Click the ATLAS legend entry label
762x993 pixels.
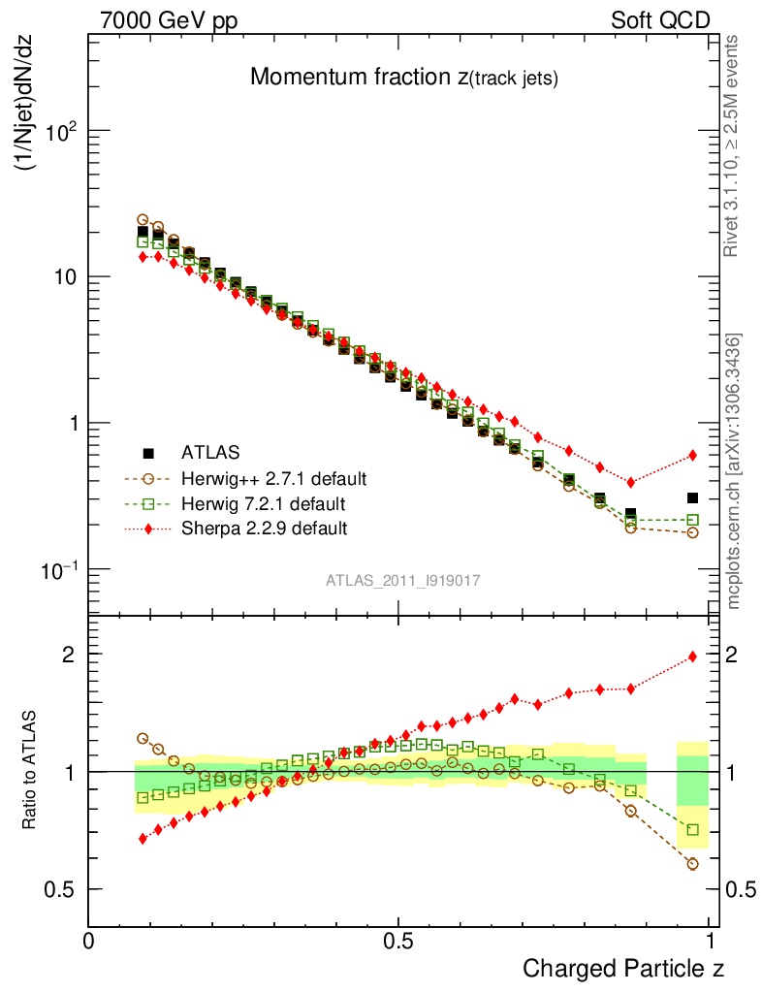click(209, 452)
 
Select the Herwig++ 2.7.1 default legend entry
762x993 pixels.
click(272, 478)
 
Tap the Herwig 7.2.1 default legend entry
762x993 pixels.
click(264, 503)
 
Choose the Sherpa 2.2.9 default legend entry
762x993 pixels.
click(264, 529)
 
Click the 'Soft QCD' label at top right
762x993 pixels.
click(661, 20)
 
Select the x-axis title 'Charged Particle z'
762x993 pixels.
click(623, 968)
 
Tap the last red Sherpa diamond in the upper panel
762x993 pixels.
click(692, 455)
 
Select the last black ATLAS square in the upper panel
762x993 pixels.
click(692, 497)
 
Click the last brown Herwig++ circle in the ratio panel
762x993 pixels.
click(692, 863)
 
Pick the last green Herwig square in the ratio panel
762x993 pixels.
click(692, 829)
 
